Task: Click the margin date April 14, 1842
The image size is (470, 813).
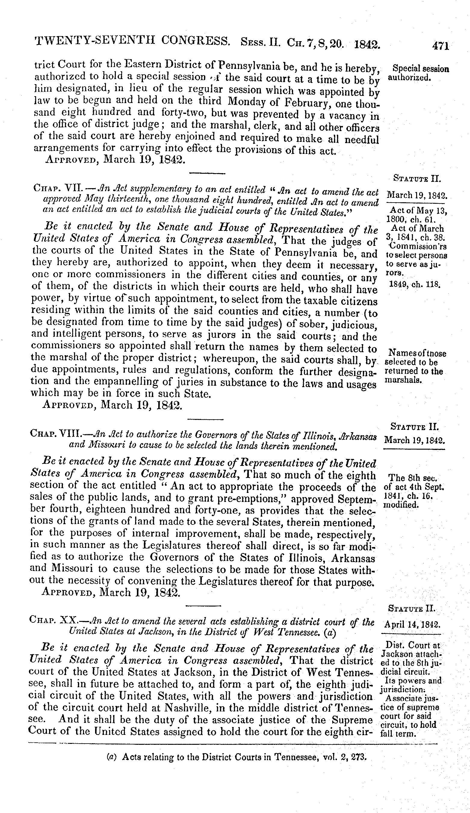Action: [x=412, y=625]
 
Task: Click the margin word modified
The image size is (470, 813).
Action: [x=401, y=505]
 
